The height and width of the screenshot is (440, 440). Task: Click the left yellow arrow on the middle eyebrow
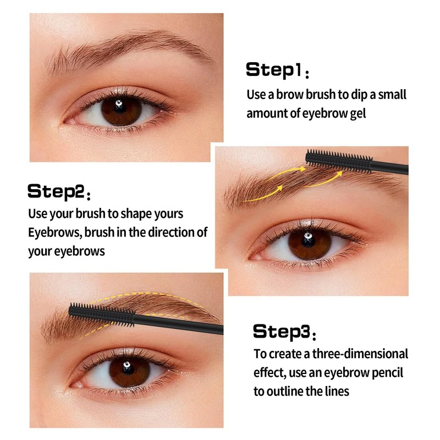point(268,190)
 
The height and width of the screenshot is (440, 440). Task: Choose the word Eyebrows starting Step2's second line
point(54,232)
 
